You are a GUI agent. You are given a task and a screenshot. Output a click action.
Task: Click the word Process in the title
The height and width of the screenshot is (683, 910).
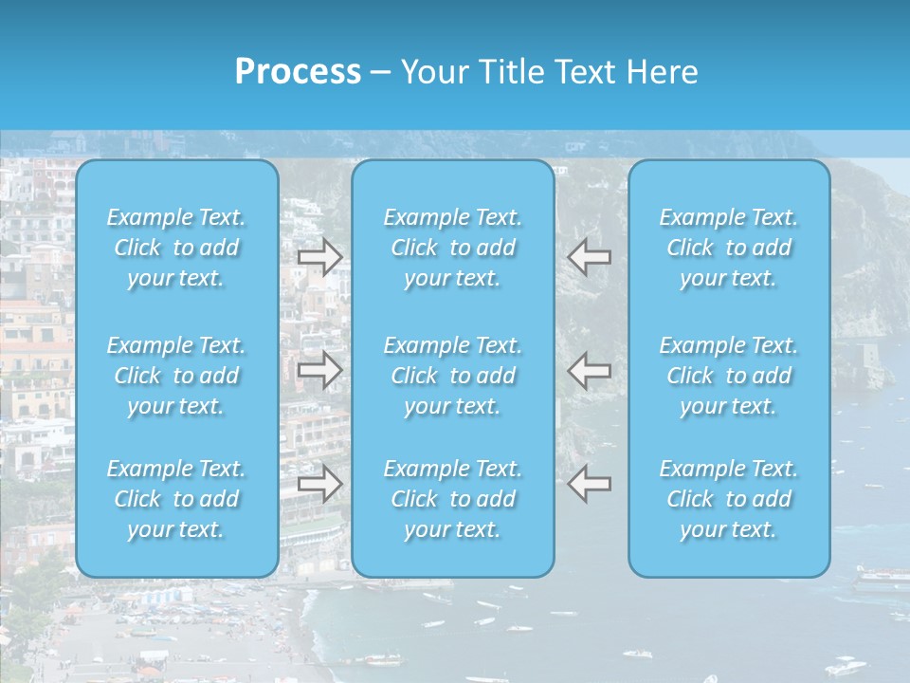coord(298,72)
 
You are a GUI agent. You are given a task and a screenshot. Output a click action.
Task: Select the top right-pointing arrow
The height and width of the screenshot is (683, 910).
coord(319,256)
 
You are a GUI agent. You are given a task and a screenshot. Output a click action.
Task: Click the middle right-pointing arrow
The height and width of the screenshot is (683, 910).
coord(319,370)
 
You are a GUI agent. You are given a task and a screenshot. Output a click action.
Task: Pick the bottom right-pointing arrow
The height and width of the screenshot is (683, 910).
coord(319,484)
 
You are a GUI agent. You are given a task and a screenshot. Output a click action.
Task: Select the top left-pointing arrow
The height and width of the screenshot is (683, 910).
coord(590,256)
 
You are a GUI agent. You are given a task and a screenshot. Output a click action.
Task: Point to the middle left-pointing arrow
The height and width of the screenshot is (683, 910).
coord(590,370)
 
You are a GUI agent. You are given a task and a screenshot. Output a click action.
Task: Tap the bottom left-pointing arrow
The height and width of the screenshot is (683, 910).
coord(590,484)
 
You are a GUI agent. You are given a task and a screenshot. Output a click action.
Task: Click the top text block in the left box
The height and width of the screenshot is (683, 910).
coord(176,248)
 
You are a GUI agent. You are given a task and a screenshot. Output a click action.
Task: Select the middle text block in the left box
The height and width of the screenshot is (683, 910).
coord(176,376)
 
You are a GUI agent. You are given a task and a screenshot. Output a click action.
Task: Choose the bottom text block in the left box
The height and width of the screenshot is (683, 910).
coord(176,499)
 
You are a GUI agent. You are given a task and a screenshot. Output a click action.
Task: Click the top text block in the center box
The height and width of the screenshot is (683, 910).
coord(453,248)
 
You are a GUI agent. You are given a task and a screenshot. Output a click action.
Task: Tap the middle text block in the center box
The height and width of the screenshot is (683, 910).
coord(453,376)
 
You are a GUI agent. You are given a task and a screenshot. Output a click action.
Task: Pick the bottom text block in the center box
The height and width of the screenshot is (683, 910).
coord(453,499)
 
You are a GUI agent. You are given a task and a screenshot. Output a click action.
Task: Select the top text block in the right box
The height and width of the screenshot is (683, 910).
coord(729,248)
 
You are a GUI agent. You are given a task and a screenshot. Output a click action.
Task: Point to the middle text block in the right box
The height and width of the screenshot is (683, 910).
coord(729,376)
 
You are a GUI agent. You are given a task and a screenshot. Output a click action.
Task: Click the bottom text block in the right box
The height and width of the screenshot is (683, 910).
coord(729,499)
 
